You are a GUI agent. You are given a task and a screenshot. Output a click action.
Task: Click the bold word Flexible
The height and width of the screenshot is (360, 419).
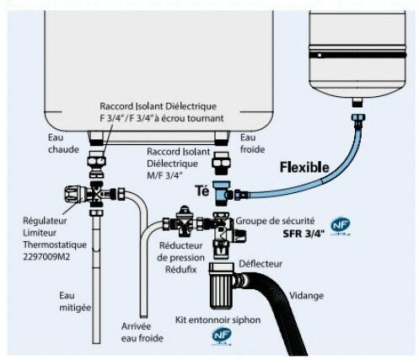click(x=304, y=168)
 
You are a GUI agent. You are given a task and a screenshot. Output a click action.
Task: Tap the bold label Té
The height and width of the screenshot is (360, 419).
click(x=202, y=191)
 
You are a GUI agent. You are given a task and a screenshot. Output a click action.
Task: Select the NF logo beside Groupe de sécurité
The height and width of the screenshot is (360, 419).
click(x=341, y=225)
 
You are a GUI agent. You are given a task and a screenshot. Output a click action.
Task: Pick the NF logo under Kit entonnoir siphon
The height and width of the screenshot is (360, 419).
click(x=222, y=336)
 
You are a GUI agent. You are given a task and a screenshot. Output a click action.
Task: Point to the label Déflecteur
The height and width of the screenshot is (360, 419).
click(x=261, y=264)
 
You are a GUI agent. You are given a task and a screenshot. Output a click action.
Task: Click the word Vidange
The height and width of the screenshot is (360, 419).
click(x=306, y=296)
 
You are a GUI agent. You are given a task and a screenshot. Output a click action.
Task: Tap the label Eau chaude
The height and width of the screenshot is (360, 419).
click(x=63, y=143)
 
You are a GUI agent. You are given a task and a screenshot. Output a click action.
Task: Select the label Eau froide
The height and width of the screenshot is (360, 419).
click(x=252, y=143)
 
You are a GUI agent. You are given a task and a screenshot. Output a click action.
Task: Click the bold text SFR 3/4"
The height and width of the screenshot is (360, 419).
click(x=304, y=234)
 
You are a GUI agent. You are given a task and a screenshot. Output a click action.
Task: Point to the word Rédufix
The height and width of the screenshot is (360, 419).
click(x=181, y=270)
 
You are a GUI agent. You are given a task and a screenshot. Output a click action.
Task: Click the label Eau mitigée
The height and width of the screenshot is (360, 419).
click(x=75, y=302)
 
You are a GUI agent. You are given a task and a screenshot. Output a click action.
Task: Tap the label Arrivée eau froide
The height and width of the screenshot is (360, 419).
click(x=142, y=332)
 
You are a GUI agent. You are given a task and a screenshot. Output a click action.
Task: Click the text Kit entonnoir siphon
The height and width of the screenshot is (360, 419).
click(x=218, y=320)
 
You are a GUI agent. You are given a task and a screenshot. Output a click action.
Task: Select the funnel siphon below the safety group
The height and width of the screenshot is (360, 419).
click(x=222, y=285)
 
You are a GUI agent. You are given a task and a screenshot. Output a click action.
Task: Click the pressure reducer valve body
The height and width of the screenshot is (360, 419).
click(x=184, y=223)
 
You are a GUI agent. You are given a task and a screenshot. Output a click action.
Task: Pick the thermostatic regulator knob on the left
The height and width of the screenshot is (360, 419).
click(x=73, y=194)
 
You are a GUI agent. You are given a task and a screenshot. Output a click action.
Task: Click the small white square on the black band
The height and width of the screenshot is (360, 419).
click(x=320, y=56)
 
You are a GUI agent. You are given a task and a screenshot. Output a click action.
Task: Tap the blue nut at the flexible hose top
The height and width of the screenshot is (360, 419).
click(x=357, y=117)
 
